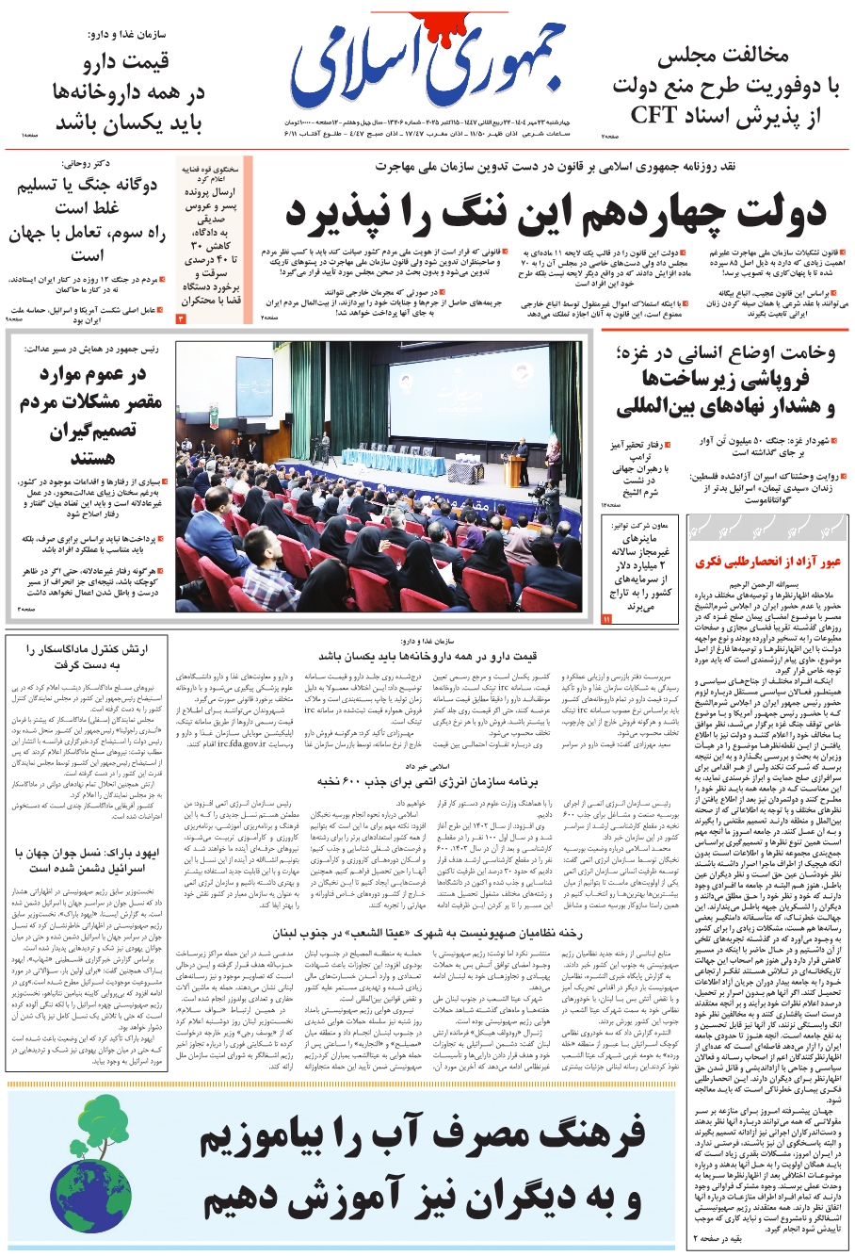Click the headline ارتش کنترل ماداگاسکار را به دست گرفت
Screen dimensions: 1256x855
(87, 657)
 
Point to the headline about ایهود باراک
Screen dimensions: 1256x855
(87, 859)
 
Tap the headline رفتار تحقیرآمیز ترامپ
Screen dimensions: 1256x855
(643, 462)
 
